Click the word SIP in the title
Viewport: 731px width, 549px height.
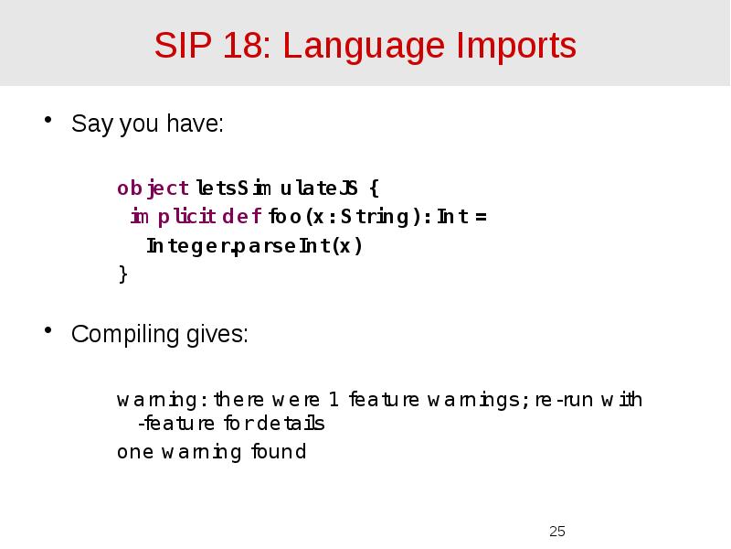pyautogui.click(x=181, y=45)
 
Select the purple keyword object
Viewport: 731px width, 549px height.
pyautogui.click(x=153, y=188)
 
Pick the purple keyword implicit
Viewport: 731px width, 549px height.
pyautogui.click(x=173, y=217)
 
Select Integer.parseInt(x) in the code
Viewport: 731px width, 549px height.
pyautogui.click(x=255, y=246)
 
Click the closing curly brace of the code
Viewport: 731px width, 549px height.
pyautogui.click(x=122, y=274)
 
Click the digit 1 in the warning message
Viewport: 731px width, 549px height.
pyautogui.click(x=334, y=400)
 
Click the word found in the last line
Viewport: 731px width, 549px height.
pyautogui.click(x=278, y=452)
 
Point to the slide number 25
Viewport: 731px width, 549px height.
pyautogui.click(x=557, y=531)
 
